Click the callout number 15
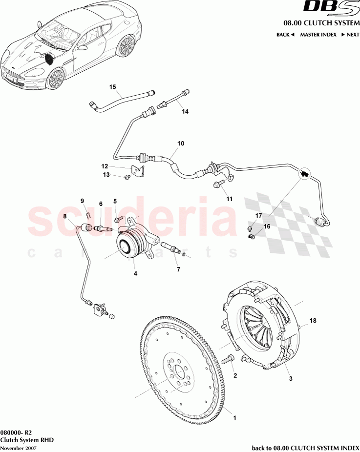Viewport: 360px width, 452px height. coord(112,87)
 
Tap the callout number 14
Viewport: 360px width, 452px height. coord(185,111)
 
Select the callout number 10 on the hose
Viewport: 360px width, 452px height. coord(181,144)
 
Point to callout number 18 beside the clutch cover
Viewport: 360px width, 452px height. coord(313,321)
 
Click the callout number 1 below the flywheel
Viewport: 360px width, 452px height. coord(235,418)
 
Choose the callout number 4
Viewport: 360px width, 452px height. coord(136,273)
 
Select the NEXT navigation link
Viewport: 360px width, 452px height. coord(350,35)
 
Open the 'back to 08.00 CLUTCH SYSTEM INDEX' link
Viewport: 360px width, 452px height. coord(305,447)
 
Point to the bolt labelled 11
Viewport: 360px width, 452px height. coord(218,185)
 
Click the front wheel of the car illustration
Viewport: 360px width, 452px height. coord(56,79)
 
